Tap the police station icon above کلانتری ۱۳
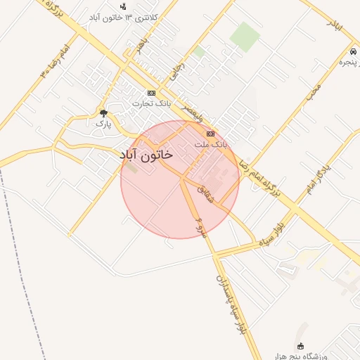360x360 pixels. [x=124, y=6]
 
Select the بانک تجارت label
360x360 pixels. [x=152, y=103]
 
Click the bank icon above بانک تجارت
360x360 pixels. [x=151, y=93]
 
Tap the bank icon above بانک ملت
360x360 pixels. [x=210, y=134]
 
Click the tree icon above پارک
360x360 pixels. [x=104, y=113]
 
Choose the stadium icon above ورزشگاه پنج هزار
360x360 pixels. [x=301, y=346]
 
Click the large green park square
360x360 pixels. [x=245, y=36]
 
